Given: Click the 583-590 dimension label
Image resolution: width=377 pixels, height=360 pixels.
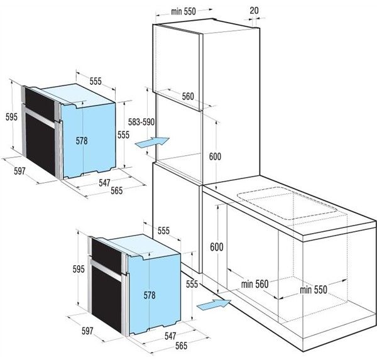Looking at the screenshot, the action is [141, 122].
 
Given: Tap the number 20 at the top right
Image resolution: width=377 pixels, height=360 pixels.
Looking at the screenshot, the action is [254, 10].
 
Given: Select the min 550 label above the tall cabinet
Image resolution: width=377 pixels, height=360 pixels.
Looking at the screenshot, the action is [183, 11].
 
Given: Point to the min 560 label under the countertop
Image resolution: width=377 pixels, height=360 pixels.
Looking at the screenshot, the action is [254, 284].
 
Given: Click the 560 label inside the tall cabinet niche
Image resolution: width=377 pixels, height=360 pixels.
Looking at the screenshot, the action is [187, 96].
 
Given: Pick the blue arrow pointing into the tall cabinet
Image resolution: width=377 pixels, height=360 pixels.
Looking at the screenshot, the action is [153, 142].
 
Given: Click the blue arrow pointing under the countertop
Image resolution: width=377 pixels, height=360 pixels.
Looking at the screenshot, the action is [214, 305].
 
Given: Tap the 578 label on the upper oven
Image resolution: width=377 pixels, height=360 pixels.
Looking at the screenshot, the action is [82, 141].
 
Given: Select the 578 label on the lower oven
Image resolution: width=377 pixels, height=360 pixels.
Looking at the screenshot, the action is [150, 295].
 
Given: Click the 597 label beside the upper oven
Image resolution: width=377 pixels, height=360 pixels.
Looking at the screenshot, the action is [19, 171].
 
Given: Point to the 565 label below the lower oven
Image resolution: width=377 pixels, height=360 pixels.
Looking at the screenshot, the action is [181, 346].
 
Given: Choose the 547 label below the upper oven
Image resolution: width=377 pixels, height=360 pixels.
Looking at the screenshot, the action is [104, 183].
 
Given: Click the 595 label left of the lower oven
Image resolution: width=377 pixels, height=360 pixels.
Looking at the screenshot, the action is [79, 269].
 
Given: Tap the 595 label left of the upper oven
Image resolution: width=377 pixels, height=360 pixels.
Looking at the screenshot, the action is [11, 117].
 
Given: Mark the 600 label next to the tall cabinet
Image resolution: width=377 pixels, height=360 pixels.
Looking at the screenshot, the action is [215, 156].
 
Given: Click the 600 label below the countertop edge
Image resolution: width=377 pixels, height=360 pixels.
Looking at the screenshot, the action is [217, 247].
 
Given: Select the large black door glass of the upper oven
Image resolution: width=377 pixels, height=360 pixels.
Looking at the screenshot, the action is [40, 145].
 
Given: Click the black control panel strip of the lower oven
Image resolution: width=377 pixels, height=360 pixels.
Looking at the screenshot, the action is [106, 255].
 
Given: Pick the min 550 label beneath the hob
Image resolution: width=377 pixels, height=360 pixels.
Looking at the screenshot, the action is [314, 290].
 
